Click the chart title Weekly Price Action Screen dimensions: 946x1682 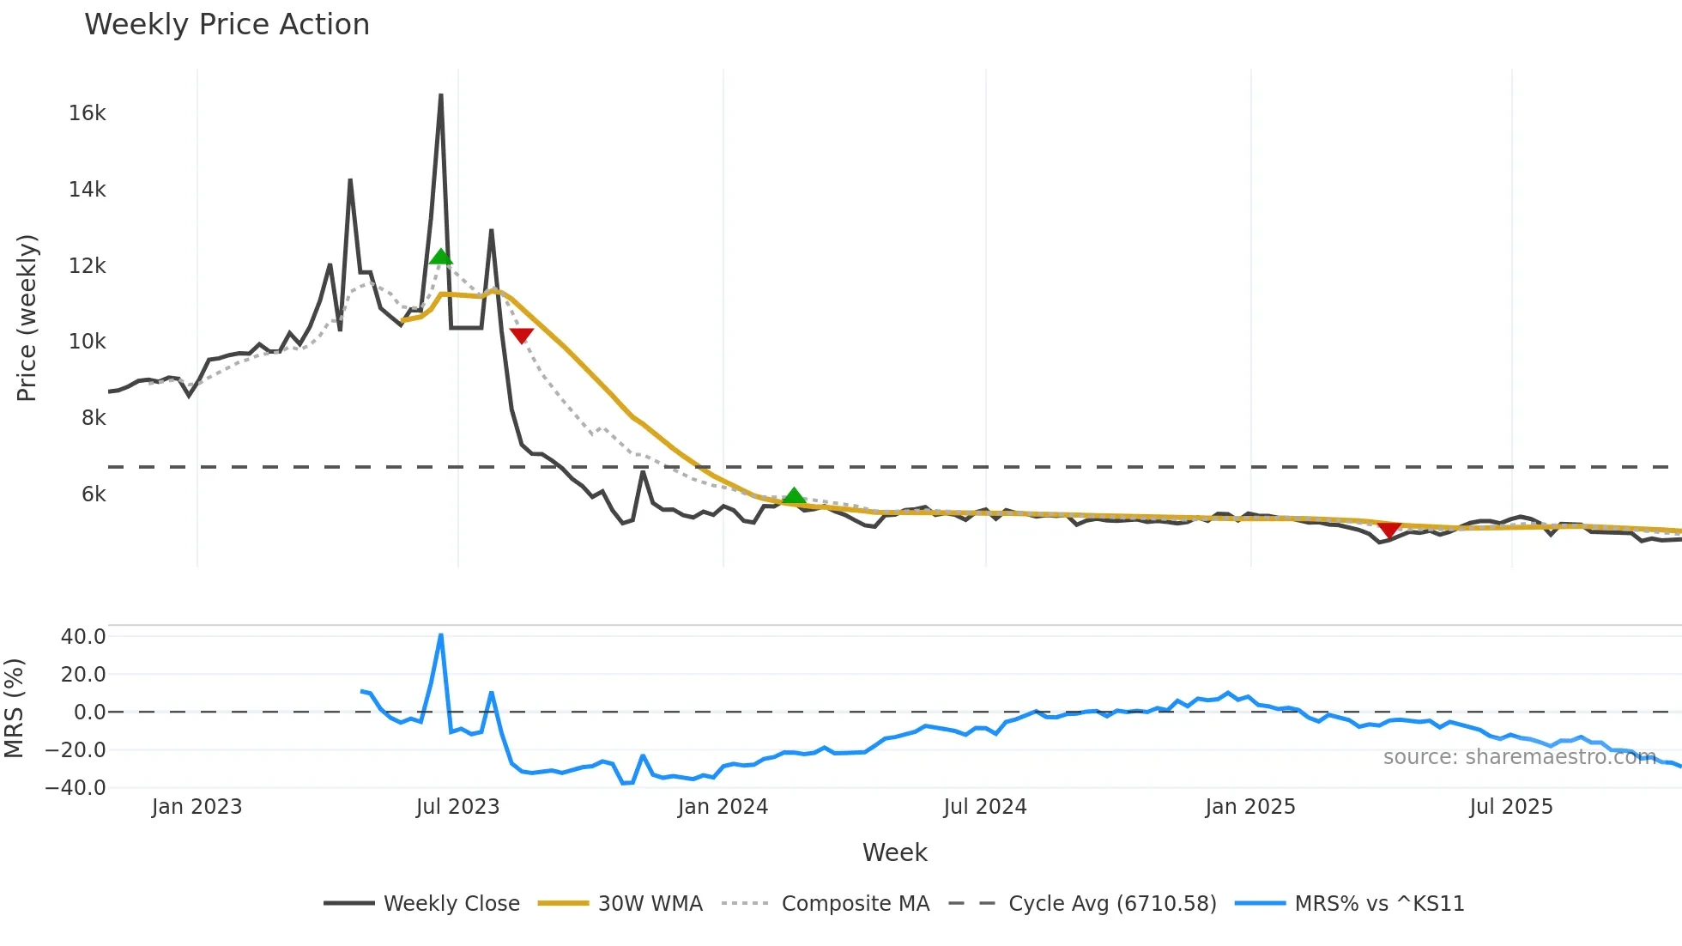point(227,25)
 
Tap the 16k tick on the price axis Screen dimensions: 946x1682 point(88,113)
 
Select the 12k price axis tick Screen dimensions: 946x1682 point(88,266)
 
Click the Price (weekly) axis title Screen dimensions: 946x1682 point(27,318)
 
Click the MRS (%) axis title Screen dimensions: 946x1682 point(15,708)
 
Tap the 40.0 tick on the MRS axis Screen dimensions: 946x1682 point(83,637)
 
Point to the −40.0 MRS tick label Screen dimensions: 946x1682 point(76,788)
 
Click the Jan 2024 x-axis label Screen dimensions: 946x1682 point(723,807)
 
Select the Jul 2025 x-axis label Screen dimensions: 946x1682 point(1511,807)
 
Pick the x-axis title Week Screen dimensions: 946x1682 point(894,852)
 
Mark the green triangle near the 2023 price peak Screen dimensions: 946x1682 point(440,257)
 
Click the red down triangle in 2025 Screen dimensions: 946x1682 point(1389,530)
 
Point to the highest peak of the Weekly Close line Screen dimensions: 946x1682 point(441,95)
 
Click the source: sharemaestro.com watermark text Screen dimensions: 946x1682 point(1519,757)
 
